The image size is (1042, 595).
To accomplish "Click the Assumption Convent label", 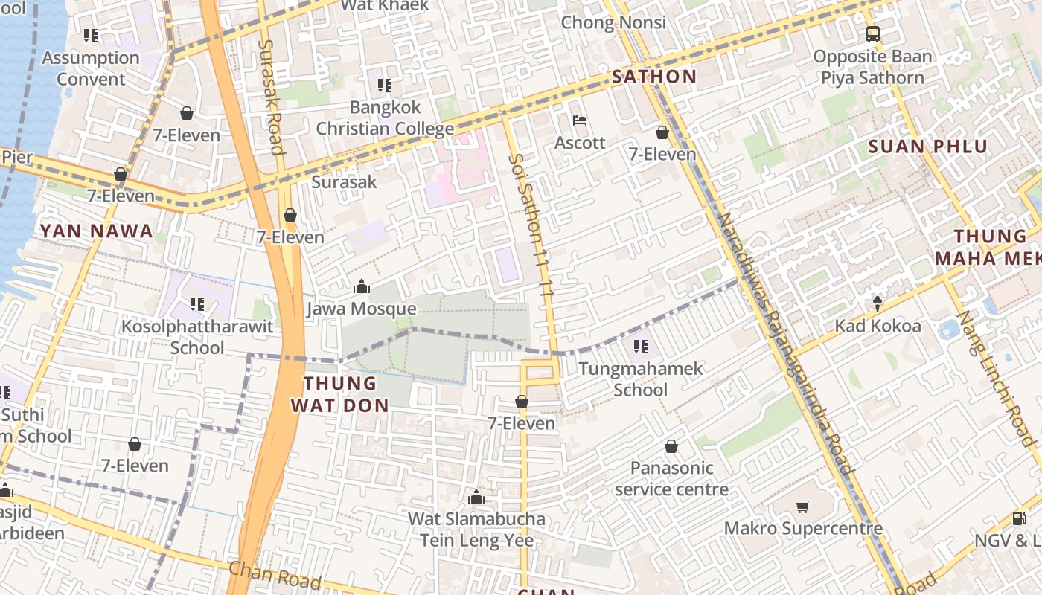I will coord(91,68).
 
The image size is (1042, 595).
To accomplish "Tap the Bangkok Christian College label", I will coord(385,118).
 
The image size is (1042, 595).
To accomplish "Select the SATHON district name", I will coord(654,77).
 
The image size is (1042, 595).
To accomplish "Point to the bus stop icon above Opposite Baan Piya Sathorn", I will coord(872,34).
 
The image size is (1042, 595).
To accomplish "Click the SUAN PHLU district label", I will coord(927,147).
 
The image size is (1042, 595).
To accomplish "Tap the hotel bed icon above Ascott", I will coord(580,120).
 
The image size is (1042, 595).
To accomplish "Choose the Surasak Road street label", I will coord(271,97).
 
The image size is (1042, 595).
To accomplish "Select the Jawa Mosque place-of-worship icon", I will coord(362,287).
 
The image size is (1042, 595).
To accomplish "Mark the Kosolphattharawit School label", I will coord(197,337).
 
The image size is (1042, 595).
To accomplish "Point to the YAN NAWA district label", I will coord(97,231).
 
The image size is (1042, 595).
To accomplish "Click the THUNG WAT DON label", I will coord(340,394).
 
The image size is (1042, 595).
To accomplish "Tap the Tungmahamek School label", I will coord(641,379).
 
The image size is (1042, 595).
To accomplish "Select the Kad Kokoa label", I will coord(878,326).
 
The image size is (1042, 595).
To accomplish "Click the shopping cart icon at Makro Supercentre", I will coord(803,507).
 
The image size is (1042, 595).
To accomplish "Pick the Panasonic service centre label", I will coord(671,479).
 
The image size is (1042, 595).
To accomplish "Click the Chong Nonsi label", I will coord(613,22).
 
